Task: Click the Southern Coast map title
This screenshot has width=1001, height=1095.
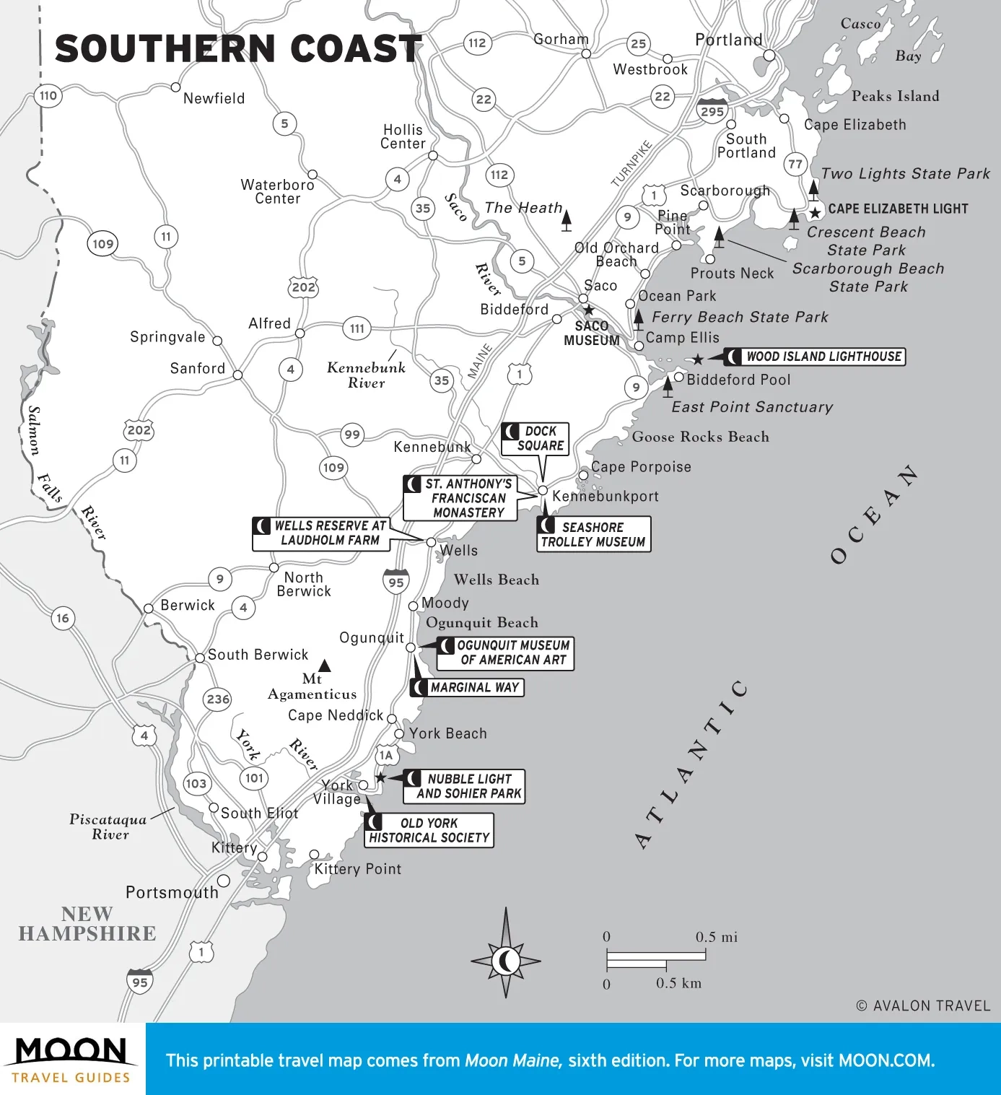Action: pos(238,49)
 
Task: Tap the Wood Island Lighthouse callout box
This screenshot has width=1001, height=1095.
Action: pos(815,357)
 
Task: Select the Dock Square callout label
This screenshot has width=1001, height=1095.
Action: pos(535,439)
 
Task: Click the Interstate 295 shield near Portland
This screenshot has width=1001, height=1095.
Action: pos(712,110)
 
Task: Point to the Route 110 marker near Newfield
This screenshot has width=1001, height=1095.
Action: pos(48,95)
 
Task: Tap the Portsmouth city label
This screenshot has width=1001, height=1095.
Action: pos(172,893)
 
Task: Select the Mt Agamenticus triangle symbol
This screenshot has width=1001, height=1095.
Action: pos(325,665)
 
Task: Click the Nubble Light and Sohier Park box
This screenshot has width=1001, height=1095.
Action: pos(463,786)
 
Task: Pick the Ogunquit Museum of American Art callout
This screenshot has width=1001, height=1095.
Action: pos(505,653)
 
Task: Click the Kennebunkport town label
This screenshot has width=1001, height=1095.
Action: pos(605,497)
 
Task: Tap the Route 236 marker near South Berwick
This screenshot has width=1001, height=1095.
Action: pos(218,699)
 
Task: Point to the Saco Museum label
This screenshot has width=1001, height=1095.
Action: pos(592,333)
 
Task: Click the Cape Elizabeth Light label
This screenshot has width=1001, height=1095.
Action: pos(897,209)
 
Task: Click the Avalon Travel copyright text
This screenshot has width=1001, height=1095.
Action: pos(923,1005)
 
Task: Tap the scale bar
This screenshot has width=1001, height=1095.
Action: pos(655,959)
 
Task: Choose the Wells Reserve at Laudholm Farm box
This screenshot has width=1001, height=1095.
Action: pos(321,533)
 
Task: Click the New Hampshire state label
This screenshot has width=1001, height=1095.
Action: pos(87,924)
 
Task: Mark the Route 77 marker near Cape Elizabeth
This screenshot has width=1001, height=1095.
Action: pos(795,164)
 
